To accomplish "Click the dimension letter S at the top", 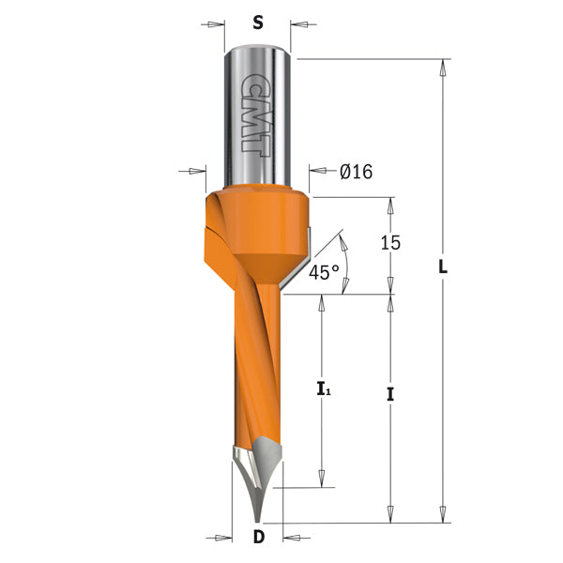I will [x=258, y=25].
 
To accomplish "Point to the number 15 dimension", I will [x=390, y=243].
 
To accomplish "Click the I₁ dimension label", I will [x=322, y=386].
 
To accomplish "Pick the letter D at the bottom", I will [x=258, y=538].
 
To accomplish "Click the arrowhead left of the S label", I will [x=215, y=25].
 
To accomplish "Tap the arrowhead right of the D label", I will [x=292, y=539].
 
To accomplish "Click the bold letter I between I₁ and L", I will [x=390, y=395].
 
